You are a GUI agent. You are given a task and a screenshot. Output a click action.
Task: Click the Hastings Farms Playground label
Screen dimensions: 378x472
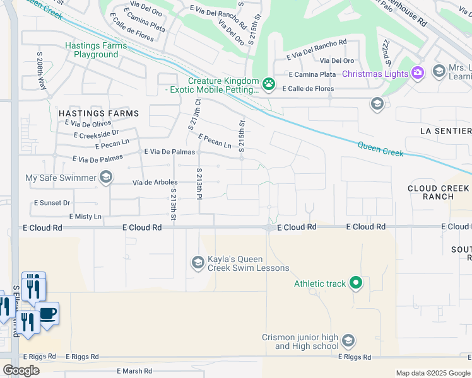[95, 50]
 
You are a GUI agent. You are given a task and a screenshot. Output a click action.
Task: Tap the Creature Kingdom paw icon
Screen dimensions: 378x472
[269, 83]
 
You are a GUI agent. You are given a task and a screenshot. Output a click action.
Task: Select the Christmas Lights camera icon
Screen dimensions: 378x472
[417, 74]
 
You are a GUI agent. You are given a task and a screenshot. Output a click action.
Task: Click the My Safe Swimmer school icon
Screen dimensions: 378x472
[106, 178]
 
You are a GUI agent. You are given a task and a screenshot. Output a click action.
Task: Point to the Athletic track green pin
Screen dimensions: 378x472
[356, 283]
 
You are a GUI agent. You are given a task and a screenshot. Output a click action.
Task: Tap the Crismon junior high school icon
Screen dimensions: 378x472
[348, 341]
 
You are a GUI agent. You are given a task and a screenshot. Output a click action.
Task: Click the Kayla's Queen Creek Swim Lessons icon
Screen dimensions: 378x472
[198, 261]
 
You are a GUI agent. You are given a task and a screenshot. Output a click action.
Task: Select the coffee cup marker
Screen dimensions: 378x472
[47, 313]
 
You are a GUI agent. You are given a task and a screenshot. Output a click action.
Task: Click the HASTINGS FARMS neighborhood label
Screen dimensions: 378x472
[98, 113]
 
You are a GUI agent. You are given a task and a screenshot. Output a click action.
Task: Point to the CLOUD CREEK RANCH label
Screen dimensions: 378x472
[439, 192]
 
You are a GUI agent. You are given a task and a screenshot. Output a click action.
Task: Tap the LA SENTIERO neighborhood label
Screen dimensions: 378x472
[445, 131]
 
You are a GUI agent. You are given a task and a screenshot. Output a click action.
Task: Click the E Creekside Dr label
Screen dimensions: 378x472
[96, 134]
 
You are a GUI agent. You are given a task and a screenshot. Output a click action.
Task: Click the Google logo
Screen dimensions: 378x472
[21, 370]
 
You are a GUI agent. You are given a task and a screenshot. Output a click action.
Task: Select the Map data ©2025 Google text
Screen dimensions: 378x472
[432, 373]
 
